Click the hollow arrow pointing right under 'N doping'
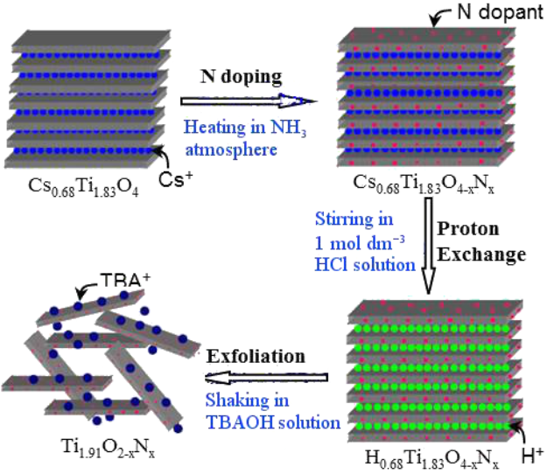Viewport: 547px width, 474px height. tap(245, 101)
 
